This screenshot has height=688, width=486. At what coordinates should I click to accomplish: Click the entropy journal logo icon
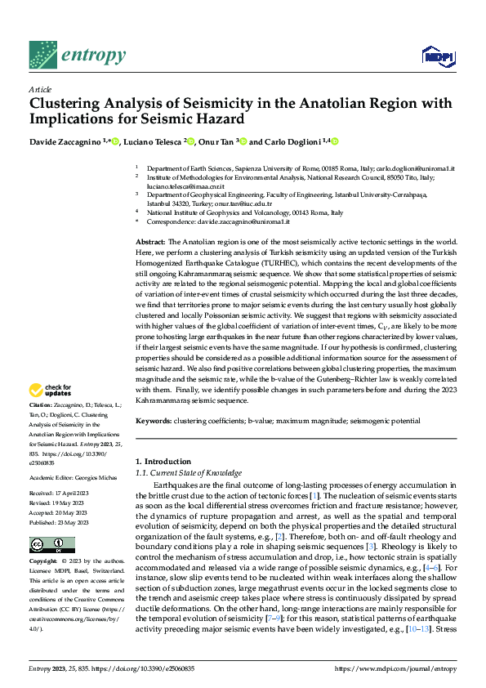tap(43, 55)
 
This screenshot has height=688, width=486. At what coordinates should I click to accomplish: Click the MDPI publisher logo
tap(434, 56)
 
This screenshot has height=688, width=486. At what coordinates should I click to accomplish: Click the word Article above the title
tap(39, 89)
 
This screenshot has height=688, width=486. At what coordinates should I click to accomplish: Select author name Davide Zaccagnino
tap(65, 142)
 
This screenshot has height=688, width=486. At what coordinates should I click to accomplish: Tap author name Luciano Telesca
tap(153, 142)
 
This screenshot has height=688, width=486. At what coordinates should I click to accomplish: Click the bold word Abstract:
tap(149, 243)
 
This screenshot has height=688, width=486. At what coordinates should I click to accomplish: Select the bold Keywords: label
tap(153, 421)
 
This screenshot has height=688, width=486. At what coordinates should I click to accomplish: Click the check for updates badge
tap(51, 391)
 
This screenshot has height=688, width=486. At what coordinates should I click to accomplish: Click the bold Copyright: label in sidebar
tap(44, 562)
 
